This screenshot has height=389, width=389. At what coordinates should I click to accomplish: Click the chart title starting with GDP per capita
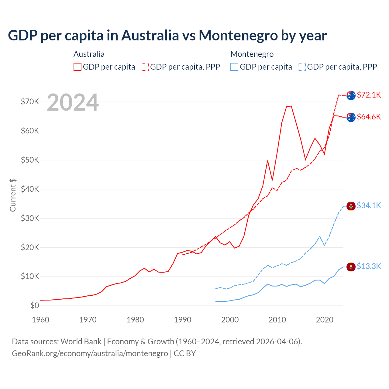tap(167, 36)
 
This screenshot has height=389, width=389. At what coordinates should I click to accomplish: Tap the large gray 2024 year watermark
tap(73, 102)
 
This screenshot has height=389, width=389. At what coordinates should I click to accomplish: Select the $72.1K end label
tap(369, 95)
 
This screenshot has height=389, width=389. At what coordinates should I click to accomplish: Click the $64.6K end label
tap(369, 117)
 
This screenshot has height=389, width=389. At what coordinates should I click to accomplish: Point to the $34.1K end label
tap(369, 205)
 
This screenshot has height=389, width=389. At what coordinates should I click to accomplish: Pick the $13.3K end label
tap(369, 266)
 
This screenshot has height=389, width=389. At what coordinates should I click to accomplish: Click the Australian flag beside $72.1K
tap(351, 95)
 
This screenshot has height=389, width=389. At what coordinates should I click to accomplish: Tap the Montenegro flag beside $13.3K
tap(351, 267)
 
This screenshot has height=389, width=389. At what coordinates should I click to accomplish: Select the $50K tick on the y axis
tap(30, 160)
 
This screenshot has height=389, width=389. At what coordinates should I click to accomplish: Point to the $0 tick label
tap(35, 305)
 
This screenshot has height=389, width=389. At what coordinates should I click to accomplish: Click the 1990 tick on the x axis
tap(183, 320)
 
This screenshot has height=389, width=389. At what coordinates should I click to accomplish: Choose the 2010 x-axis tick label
tap(277, 320)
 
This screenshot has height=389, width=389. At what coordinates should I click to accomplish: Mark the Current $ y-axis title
tap(13, 195)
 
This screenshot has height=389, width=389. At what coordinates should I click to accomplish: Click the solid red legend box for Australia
tap(77, 67)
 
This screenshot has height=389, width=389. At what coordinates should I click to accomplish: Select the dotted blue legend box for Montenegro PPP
tap(302, 67)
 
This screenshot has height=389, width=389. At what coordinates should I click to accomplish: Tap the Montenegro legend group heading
tap(252, 54)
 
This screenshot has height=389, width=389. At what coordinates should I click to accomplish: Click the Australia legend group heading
tap(89, 54)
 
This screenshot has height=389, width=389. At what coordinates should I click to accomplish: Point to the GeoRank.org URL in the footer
tap(90, 353)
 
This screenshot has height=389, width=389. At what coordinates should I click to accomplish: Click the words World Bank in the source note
tap(81, 342)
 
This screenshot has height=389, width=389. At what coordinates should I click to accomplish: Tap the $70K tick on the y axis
tap(30, 102)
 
